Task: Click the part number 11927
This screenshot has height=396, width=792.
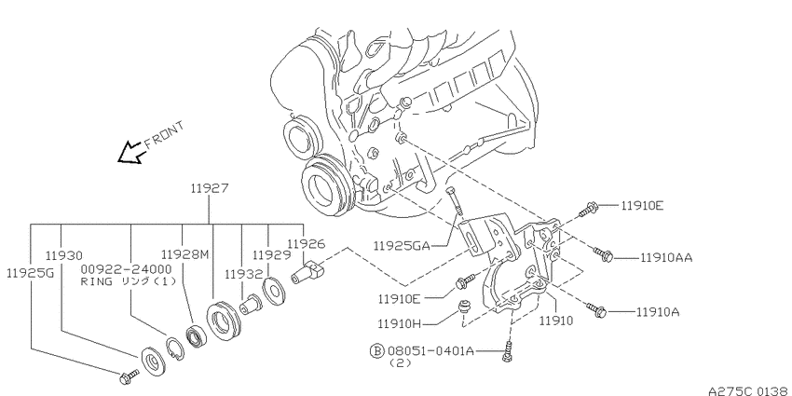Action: coord(210,189)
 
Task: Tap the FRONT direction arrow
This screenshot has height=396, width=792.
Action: coord(130,153)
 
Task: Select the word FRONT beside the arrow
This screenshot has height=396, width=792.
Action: coord(165,135)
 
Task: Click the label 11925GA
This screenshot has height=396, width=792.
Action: coord(402,246)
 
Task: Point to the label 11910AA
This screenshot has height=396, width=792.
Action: coord(666,257)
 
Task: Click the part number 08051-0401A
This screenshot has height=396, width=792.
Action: coord(430,350)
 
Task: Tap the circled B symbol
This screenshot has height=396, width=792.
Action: coord(377,350)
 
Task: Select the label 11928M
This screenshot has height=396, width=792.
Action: coord(184,253)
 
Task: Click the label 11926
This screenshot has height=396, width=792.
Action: coord(307,244)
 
